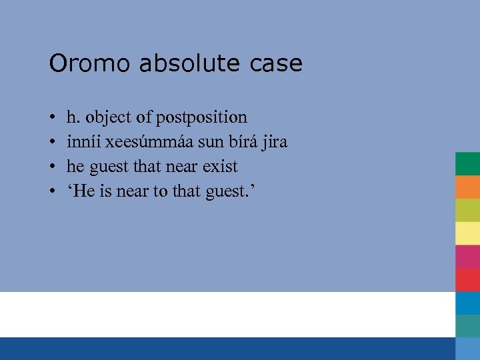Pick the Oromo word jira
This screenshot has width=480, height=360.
pyautogui.click(x=273, y=142)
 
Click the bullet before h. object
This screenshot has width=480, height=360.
pyautogui.click(x=52, y=118)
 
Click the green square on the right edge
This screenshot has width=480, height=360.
pyautogui.click(x=467, y=163)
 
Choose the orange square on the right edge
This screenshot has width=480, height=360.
pyautogui.click(x=467, y=187)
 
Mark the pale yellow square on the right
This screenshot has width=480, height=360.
pyautogui.click(x=467, y=233)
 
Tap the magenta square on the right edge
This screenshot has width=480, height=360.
pyautogui.click(x=467, y=256)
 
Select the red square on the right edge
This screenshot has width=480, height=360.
pyautogui.click(x=467, y=279)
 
